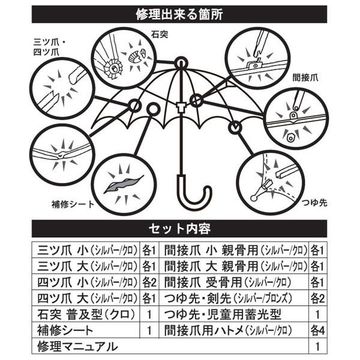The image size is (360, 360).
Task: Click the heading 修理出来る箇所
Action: pos(179,14)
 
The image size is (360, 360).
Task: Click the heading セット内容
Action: pos(179,229)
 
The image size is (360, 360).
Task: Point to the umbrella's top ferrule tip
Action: pos(180,62)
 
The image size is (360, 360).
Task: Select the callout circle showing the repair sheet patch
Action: pos(124,183)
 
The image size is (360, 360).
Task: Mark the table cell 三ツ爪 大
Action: pos(84,265)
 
